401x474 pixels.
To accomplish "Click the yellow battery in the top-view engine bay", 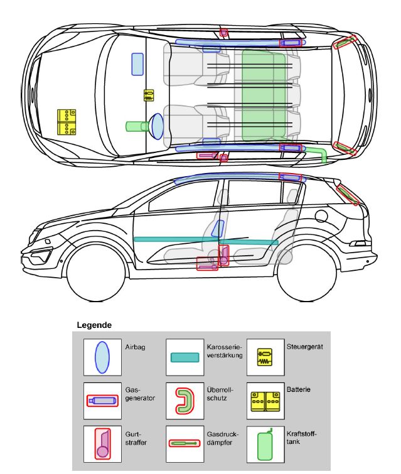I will [67, 122].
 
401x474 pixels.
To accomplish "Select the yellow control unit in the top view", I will [149, 95].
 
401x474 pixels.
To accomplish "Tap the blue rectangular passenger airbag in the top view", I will [137, 64].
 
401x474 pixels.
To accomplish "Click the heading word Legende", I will [94, 325].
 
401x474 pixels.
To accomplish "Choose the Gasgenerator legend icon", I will [102, 400].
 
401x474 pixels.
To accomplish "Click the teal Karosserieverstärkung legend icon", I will [184, 357].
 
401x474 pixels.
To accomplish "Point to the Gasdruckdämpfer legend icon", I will [184, 443].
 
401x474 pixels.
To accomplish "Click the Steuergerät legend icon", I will [265, 357].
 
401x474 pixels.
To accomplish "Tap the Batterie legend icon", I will [265, 400].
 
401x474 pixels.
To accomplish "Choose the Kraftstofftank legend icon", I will [265, 444].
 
